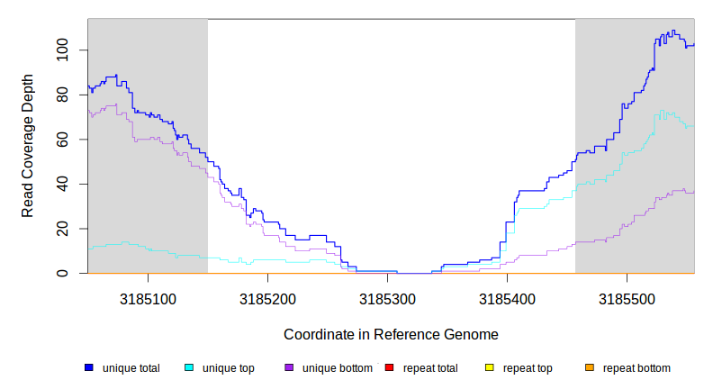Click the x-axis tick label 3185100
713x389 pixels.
click(148, 297)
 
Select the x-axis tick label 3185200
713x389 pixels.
click(267, 297)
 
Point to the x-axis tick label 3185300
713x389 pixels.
click(387, 297)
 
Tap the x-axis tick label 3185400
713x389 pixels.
click(507, 297)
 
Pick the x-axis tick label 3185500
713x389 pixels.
click(627, 297)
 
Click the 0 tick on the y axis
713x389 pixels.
click(62, 273)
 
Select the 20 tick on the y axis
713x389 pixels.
click(62, 229)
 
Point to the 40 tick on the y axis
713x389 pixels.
click(62, 184)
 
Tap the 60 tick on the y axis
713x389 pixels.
click(62, 140)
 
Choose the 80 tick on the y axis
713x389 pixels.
click(62, 95)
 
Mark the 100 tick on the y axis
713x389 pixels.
click(62, 50)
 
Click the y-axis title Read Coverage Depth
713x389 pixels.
click(28, 146)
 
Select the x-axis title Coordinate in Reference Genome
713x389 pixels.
click(391, 334)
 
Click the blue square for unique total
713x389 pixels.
click(89, 368)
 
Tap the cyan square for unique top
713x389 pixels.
click(189, 368)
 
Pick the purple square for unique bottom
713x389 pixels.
click(289, 368)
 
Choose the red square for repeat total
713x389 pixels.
click(389, 368)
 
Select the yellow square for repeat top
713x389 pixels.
click(490, 368)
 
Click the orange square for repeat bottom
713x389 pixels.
click(590, 368)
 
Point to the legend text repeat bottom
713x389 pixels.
click(636, 368)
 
